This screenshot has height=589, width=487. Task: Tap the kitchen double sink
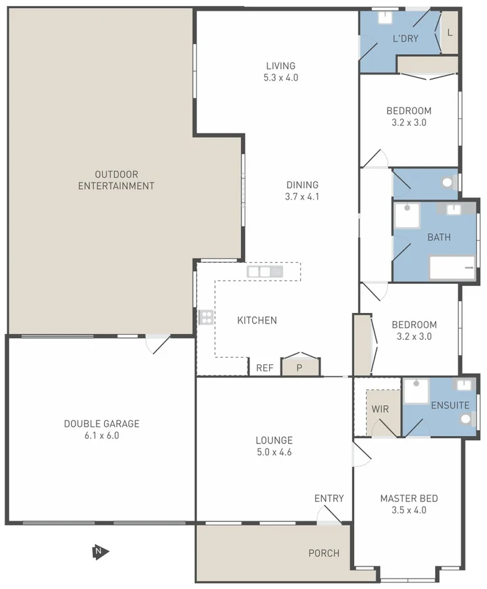(265, 271)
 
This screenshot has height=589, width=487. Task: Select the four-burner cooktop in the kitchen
(206, 318)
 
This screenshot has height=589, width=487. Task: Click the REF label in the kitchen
(265, 368)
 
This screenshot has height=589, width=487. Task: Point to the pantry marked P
(299, 368)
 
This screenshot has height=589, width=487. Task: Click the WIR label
(380, 409)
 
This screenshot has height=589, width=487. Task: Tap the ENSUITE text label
(450, 405)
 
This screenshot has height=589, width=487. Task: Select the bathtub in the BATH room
(452, 268)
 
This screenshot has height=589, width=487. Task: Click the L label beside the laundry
(449, 32)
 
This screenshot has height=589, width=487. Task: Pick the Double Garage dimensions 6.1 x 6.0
(101, 435)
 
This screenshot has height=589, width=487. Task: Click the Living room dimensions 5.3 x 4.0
(281, 78)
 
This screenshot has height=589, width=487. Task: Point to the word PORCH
(324, 553)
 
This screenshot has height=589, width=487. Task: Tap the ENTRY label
(328, 498)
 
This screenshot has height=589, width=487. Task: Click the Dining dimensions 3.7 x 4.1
(302, 197)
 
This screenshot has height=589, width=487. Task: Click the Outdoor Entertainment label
(116, 180)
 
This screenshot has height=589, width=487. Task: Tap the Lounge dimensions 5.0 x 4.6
(274, 452)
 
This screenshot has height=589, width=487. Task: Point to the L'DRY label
(405, 38)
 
